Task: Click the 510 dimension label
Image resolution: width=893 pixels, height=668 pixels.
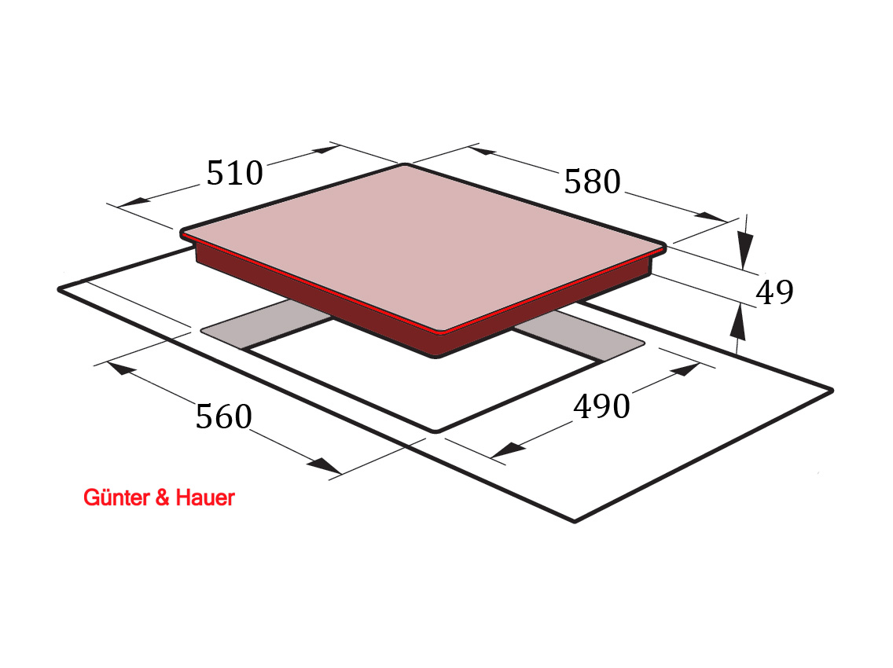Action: tap(234, 173)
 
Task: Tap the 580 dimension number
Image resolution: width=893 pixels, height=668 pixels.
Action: tap(592, 182)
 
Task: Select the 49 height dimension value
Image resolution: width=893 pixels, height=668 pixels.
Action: tap(774, 292)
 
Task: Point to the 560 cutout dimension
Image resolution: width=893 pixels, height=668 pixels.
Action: tap(224, 417)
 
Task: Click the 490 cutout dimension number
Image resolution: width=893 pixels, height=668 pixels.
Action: tap(601, 406)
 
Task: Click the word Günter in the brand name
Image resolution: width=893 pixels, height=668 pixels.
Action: tap(117, 497)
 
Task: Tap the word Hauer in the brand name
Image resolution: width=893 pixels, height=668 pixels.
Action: tap(205, 497)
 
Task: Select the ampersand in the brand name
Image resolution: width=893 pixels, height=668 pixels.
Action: tap(162, 497)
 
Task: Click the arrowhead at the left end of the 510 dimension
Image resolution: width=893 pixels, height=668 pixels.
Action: tap(133, 202)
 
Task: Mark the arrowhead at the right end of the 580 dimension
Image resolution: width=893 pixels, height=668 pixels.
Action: tap(711, 217)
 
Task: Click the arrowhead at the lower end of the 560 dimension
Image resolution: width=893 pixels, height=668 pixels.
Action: tap(324, 465)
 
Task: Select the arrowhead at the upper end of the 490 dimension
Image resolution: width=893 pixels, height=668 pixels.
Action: tap(685, 369)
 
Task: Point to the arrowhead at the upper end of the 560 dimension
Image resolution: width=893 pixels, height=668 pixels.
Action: tap(121, 369)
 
